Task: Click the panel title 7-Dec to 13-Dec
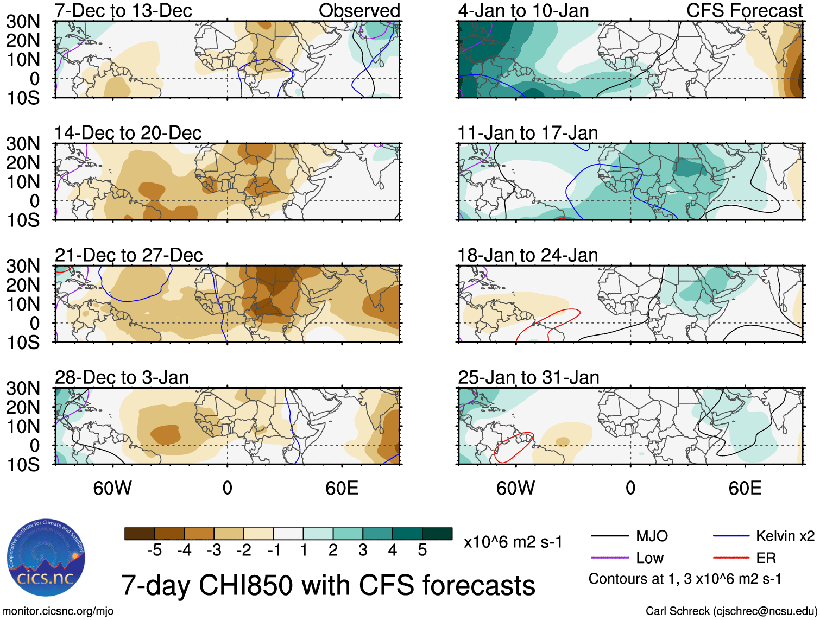click(x=123, y=10)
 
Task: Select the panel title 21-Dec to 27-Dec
click(x=129, y=255)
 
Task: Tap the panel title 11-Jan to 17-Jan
click(x=527, y=133)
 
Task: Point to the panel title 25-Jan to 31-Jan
click(x=528, y=377)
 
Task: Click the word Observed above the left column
click(x=359, y=10)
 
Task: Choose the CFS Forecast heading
click(x=744, y=10)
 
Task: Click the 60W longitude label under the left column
click(x=112, y=488)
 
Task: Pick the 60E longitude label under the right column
click(x=745, y=488)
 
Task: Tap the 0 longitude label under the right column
click(x=630, y=488)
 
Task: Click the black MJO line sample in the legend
click(x=609, y=536)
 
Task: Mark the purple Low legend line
click(x=609, y=558)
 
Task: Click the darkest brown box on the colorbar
click(x=140, y=534)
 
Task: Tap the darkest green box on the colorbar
click(x=437, y=534)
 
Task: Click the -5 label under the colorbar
click(x=154, y=551)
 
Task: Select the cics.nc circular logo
click(x=46, y=558)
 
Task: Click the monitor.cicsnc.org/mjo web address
click(x=58, y=611)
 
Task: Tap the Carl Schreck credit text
click(x=731, y=611)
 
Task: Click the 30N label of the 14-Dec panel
click(x=23, y=144)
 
